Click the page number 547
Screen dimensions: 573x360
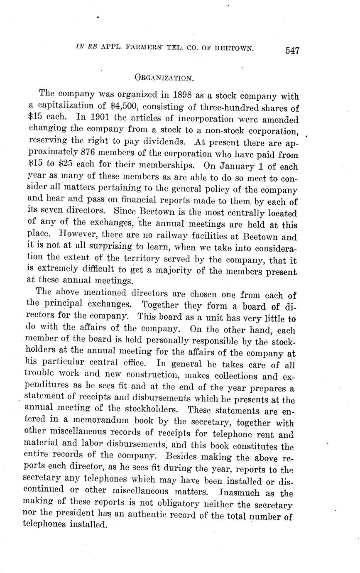point(292,51)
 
